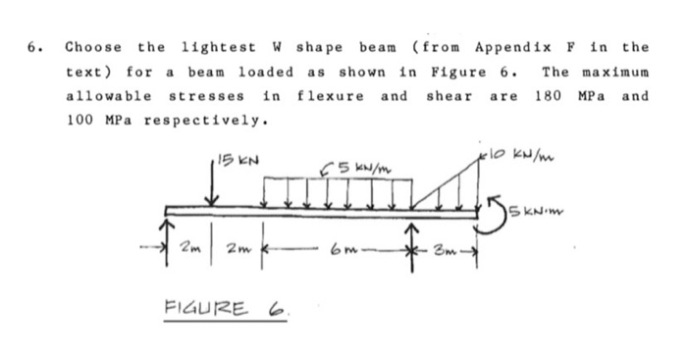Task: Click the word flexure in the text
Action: point(329,97)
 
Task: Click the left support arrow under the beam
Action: point(173,236)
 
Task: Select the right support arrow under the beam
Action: point(414,235)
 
